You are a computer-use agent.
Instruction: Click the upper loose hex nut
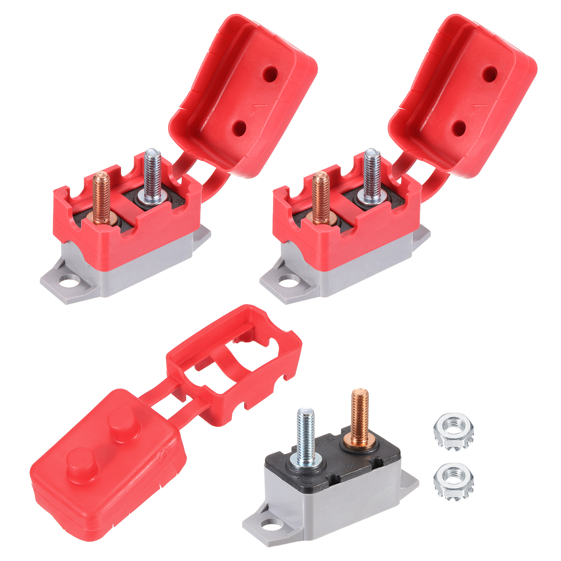(454, 432)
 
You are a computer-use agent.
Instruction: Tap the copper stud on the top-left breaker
(101, 195)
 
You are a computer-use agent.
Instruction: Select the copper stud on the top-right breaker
(320, 195)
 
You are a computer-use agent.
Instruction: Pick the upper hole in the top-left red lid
(271, 73)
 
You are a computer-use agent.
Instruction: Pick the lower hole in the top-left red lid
(241, 128)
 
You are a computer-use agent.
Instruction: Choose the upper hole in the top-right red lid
(490, 73)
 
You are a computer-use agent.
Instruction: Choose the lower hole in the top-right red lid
(459, 128)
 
